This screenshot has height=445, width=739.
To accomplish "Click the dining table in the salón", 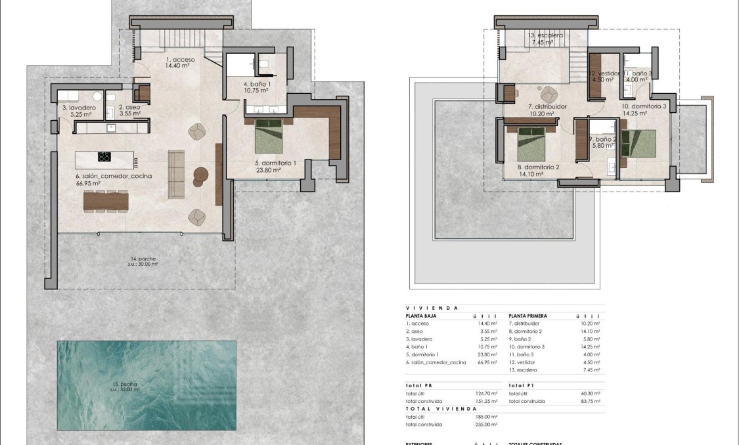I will [106, 201].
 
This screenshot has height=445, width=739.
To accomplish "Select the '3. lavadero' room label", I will [79, 107].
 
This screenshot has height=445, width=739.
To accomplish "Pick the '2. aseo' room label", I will [129, 107].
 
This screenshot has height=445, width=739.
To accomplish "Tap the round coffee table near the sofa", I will [200, 174].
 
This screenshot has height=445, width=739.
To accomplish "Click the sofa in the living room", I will [176, 173].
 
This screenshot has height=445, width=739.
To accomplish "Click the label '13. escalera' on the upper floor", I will [545, 35].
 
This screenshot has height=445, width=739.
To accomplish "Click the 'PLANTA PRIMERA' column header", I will [527, 316].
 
